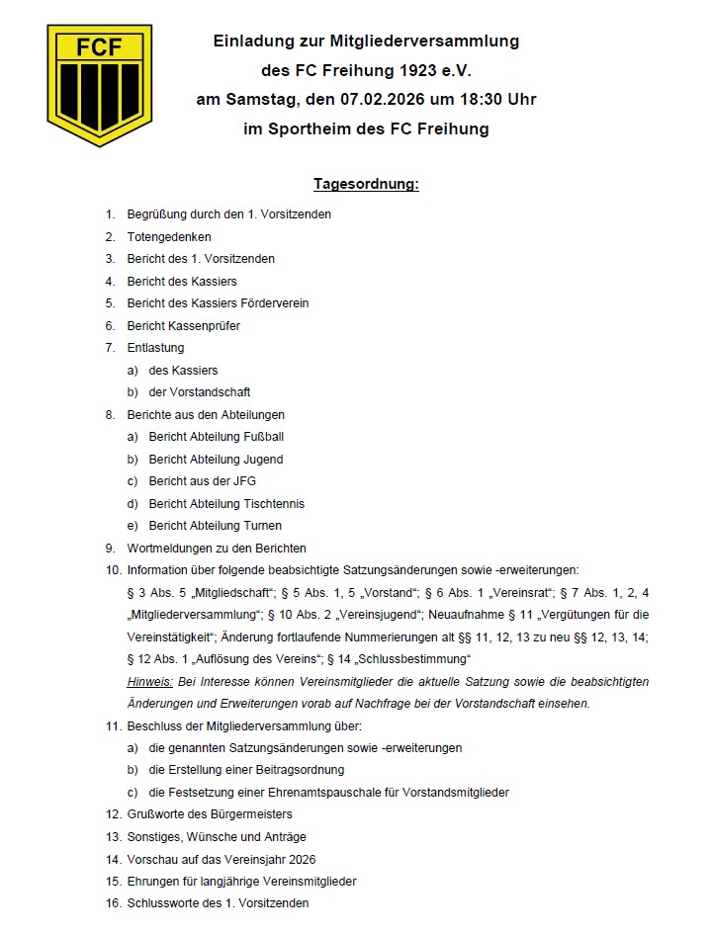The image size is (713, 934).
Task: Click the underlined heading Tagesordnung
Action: point(366,185)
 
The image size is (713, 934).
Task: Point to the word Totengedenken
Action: point(169,237)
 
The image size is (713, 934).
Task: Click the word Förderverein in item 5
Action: point(276,303)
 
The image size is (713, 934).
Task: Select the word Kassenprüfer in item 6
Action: point(203,325)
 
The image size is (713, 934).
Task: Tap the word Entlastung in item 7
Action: point(155,347)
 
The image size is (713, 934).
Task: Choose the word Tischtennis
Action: point(273,503)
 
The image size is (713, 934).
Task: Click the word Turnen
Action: point(262,525)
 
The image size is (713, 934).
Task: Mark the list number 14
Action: point(112,859)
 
